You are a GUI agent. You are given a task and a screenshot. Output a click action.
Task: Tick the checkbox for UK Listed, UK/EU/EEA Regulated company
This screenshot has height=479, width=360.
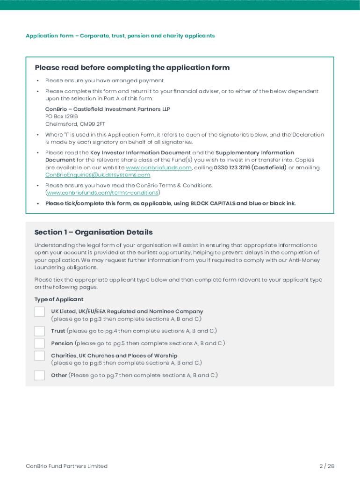[x=40, y=312]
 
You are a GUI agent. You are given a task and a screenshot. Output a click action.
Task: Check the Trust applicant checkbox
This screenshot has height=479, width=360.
[x=40, y=331]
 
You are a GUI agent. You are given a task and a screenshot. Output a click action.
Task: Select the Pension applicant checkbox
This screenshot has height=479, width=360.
[x=40, y=343]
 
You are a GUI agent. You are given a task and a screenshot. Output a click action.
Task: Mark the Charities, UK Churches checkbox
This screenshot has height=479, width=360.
[x=40, y=356]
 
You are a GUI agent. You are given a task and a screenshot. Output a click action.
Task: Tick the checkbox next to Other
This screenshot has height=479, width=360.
[x=40, y=375]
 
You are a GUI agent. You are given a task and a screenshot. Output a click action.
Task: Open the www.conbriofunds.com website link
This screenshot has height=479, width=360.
[x=159, y=167]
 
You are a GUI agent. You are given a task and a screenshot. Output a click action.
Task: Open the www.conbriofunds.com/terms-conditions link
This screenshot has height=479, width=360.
[x=102, y=193]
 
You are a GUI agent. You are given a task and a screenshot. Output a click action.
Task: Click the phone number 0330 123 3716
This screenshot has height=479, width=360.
[x=232, y=167]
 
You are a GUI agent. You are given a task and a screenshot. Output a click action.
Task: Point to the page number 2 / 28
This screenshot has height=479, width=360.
[x=327, y=466]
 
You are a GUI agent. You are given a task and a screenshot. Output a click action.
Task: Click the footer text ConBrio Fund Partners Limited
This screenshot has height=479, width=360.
[x=66, y=466]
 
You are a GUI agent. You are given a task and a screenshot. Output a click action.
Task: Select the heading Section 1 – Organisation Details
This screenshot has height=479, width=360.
[x=94, y=232]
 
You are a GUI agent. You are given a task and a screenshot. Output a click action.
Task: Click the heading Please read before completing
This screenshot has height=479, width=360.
[x=132, y=68]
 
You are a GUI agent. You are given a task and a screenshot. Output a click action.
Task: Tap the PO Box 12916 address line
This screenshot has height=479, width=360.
[x=61, y=116]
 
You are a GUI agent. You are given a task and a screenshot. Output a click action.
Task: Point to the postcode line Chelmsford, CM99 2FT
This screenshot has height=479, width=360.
[x=75, y=124]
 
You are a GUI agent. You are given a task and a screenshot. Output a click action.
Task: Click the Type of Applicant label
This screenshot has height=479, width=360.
[x=59, y=299]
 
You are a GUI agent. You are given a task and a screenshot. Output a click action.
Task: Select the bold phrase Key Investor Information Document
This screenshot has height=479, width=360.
[x=140, y=152]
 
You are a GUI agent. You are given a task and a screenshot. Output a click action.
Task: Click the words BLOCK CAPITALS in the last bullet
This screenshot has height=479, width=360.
[x=212, y=203]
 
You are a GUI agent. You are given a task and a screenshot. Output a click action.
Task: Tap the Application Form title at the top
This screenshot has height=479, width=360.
[x=120, y=36]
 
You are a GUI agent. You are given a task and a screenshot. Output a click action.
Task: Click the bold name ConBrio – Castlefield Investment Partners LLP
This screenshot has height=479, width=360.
[x=108, y=109]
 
